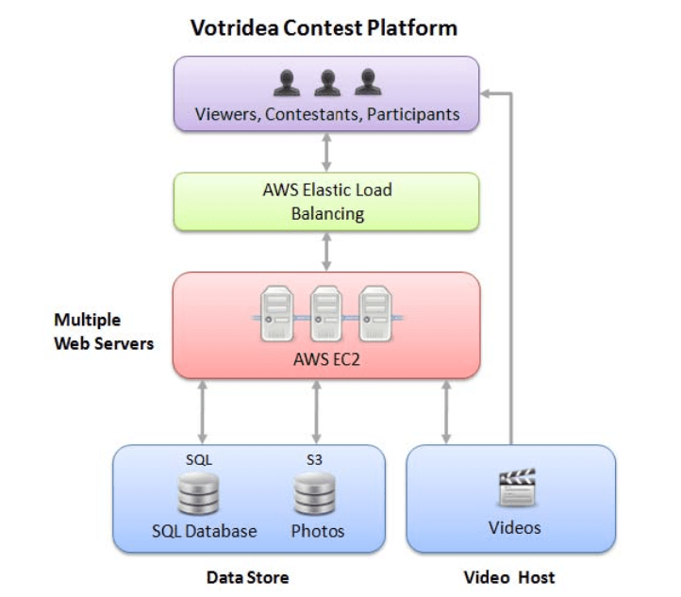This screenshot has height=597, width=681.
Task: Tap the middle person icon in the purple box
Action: point(326,83)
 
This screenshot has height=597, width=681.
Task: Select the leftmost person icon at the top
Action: point(287,83)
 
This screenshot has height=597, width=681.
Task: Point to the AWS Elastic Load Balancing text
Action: point(326,202)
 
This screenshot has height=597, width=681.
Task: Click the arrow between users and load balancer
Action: point(326,150)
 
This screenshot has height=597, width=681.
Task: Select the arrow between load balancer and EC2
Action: point(326,252)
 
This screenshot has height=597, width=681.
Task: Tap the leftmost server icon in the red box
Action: point(276,315)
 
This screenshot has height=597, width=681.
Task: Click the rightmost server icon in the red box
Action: point(375,315)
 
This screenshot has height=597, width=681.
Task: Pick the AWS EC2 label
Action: point(326,359)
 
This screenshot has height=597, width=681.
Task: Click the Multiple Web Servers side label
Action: point(103,332)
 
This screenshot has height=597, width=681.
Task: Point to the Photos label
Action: point(318,531)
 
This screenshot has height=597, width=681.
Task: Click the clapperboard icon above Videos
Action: point(515,489)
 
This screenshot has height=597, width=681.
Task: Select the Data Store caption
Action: point(247,577)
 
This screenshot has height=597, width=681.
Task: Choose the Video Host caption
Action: point(509,577)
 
